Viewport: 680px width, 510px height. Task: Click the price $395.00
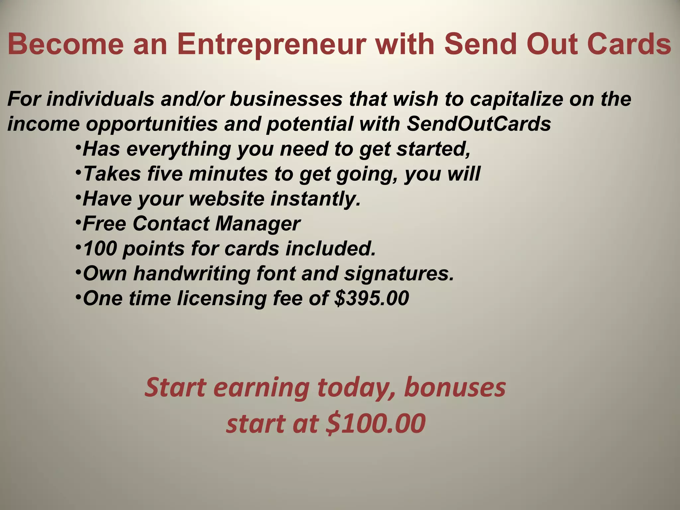pos(372,298)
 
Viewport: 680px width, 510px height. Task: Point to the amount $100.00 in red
pos(376,424)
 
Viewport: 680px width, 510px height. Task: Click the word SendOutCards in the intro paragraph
pos(478,124)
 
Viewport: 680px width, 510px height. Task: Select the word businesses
pos(286,99)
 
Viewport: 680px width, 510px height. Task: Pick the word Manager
pos(258,223)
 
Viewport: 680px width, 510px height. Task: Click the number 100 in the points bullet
pos(100,248)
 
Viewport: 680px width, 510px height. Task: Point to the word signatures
pos(399,273)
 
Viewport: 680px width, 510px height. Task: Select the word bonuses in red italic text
pos(455,387)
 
